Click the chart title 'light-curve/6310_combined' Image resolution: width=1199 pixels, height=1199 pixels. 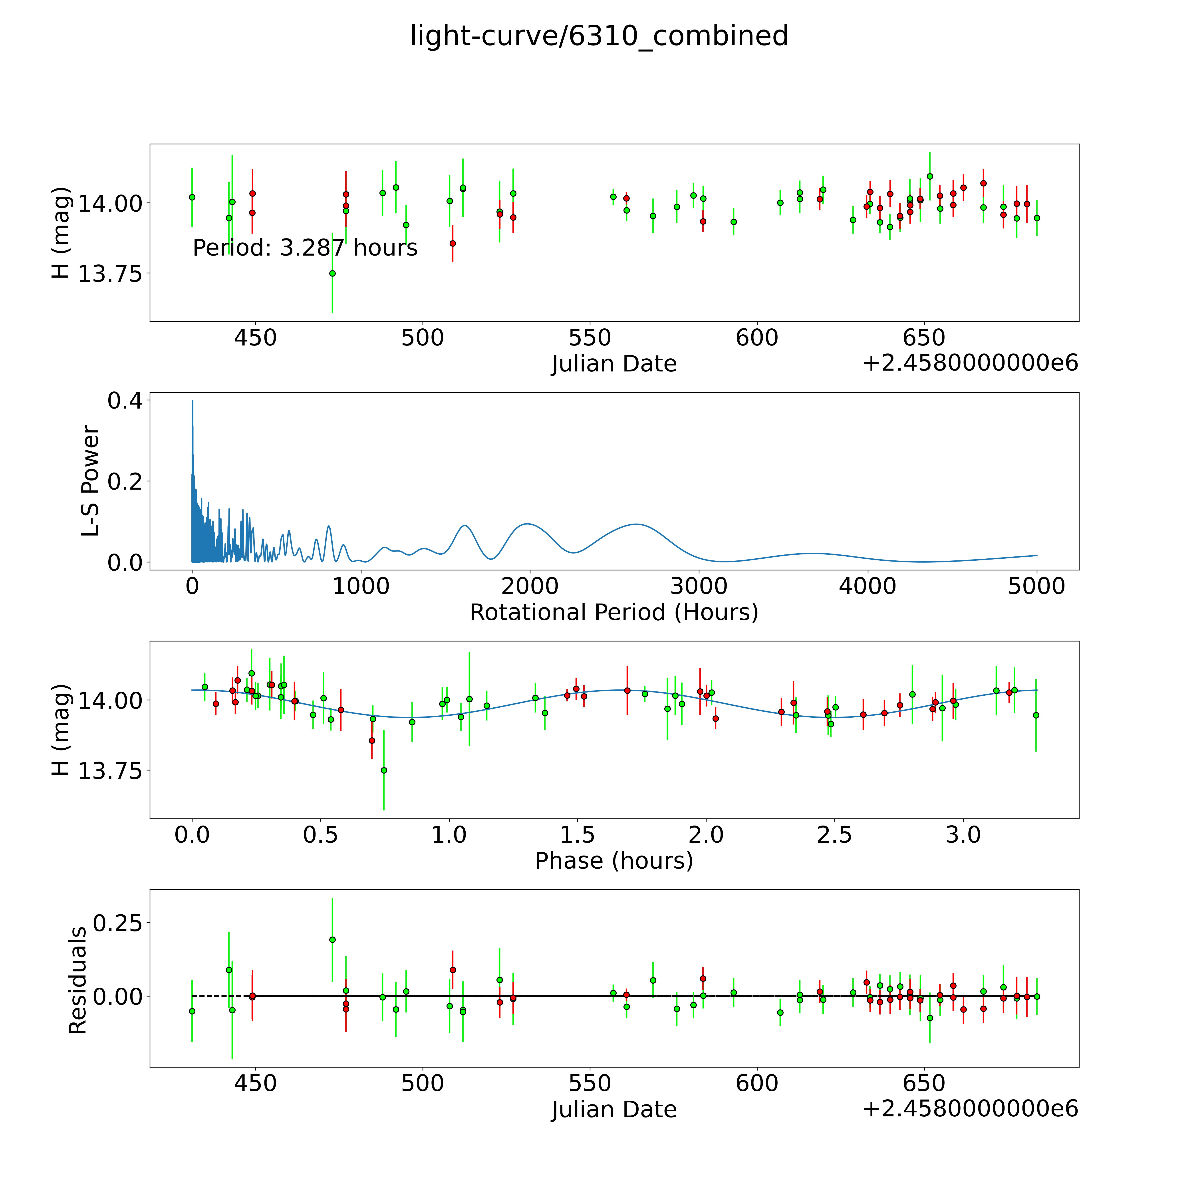[599, 36]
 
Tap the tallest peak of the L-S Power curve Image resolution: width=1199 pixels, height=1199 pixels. [192, 401]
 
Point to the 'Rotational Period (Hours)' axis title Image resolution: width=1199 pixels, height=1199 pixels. [614, 613]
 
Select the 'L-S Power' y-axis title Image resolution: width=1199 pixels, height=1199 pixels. [91, 481]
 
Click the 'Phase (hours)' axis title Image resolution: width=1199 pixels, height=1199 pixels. [614, 861]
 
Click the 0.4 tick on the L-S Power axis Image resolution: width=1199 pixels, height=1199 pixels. [124, 401]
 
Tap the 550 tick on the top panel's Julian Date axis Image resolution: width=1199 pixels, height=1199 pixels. [590, 338]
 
